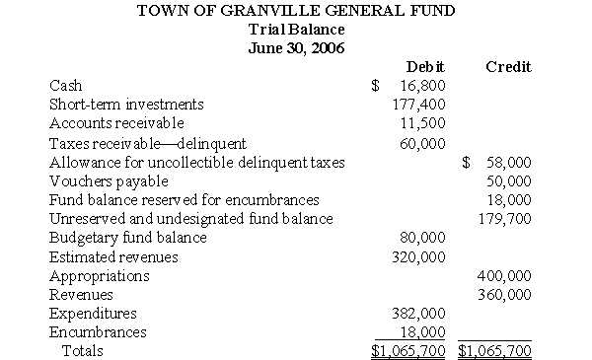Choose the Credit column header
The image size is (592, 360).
[508, 67]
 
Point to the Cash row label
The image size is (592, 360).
[65, 86]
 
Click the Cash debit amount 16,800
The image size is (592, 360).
[423, 86]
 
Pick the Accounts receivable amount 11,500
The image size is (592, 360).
[423, 123]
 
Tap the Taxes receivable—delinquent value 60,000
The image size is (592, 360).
[423, 143]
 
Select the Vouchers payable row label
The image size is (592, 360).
[109, 181]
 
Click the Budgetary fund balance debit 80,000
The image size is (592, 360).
[423, 238]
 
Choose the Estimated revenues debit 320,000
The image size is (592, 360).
[419, 256]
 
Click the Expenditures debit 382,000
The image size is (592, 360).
[419, 314]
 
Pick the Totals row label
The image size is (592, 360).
[83, 350]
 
